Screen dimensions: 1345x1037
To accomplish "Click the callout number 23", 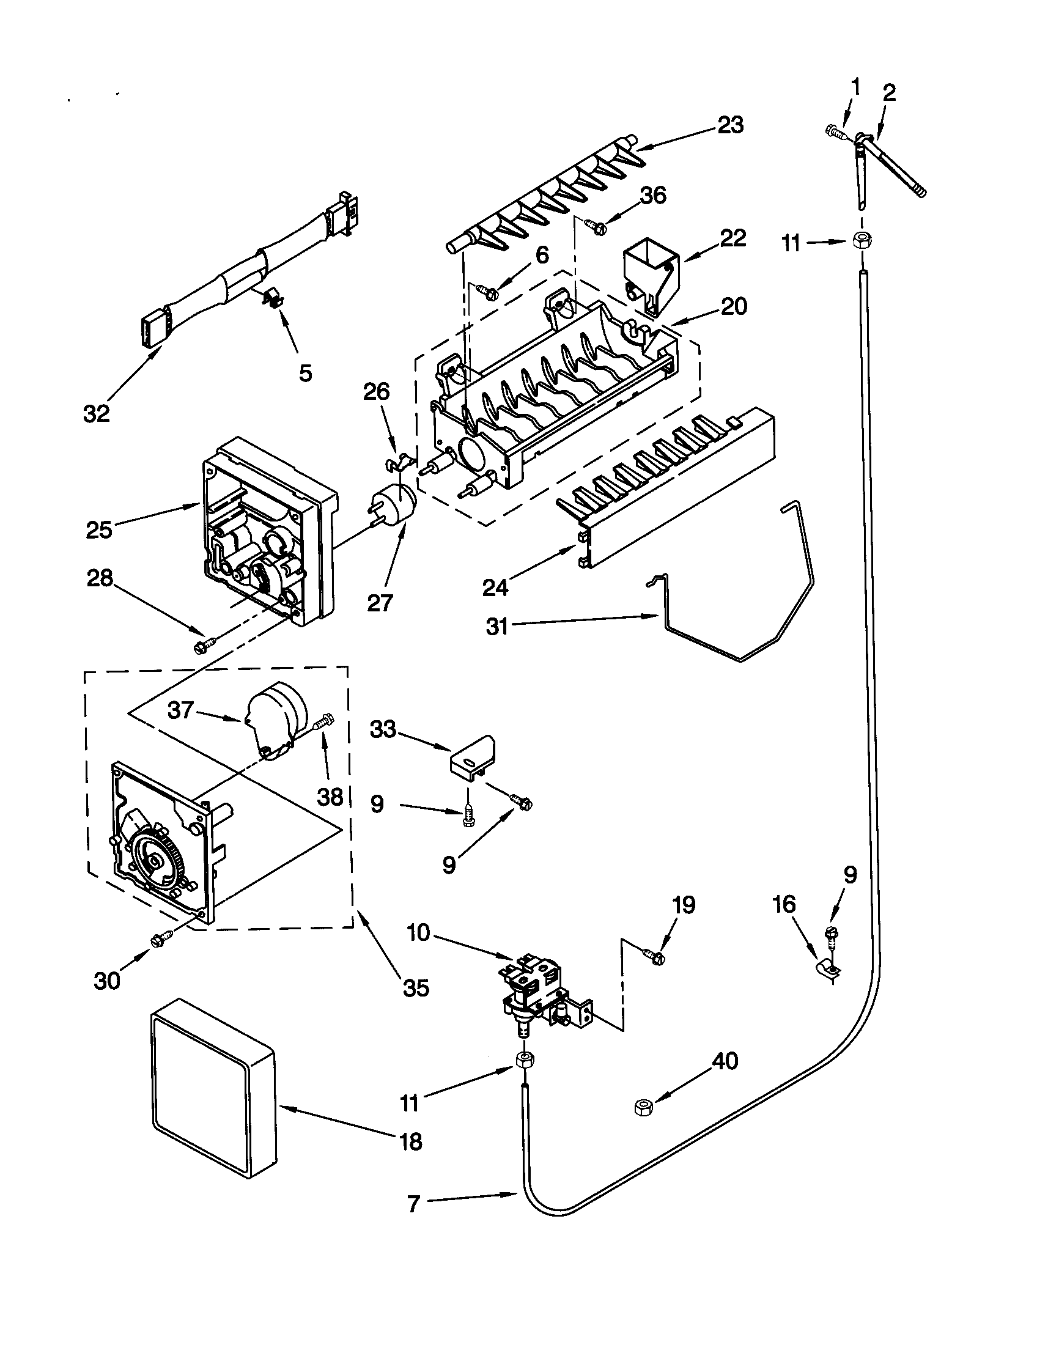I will pos(731,125).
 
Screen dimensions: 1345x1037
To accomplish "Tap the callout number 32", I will pos(97,414).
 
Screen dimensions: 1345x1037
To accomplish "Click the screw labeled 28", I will pos(204,645).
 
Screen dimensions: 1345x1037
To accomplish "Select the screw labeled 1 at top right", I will pos(836,131).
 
